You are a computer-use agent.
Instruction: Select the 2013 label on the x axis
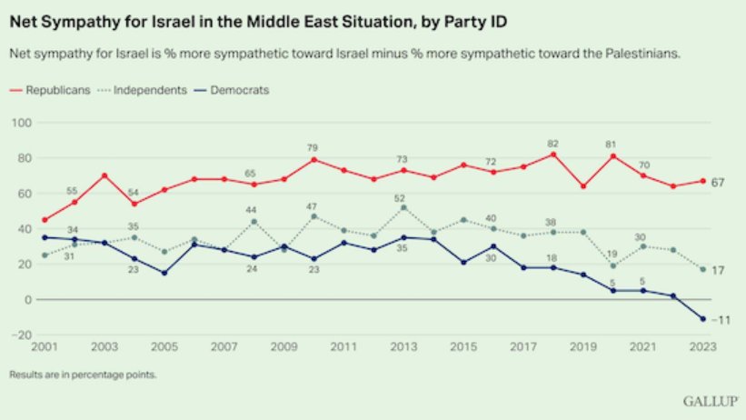(x=403, y=347)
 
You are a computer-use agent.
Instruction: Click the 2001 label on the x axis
(x=45, y=347)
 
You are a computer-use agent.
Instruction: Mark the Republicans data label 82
(x=552, y=143)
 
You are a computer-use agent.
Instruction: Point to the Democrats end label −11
(x=721, y=320)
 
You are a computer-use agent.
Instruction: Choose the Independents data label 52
(x=402, y=197)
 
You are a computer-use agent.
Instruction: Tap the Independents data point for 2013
(x=403, y=207)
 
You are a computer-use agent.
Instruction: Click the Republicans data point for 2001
(x=45, y=220)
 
